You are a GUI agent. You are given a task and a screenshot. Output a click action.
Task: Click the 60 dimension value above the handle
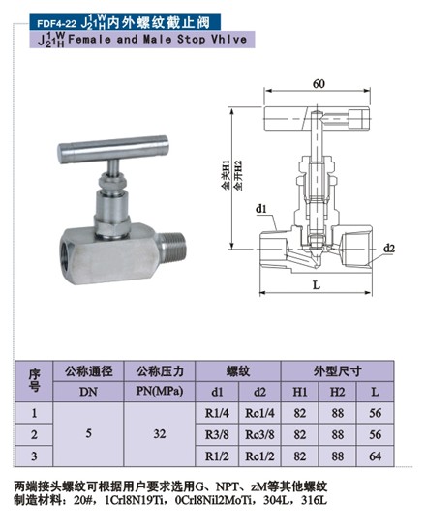[319, 83]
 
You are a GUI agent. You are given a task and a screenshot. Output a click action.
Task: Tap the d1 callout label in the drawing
[260, 209]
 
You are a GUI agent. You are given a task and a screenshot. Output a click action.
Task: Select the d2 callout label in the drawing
[389, 249]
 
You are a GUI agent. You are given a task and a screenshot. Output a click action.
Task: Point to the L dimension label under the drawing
[317, 285]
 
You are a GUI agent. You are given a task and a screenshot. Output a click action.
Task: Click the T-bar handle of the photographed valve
[113, 149]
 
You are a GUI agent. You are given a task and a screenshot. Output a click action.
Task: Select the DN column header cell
[88, 392]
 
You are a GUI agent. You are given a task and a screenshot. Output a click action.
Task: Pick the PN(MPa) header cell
[160, 392]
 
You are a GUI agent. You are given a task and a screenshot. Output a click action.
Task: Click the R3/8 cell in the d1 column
[217, 434]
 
